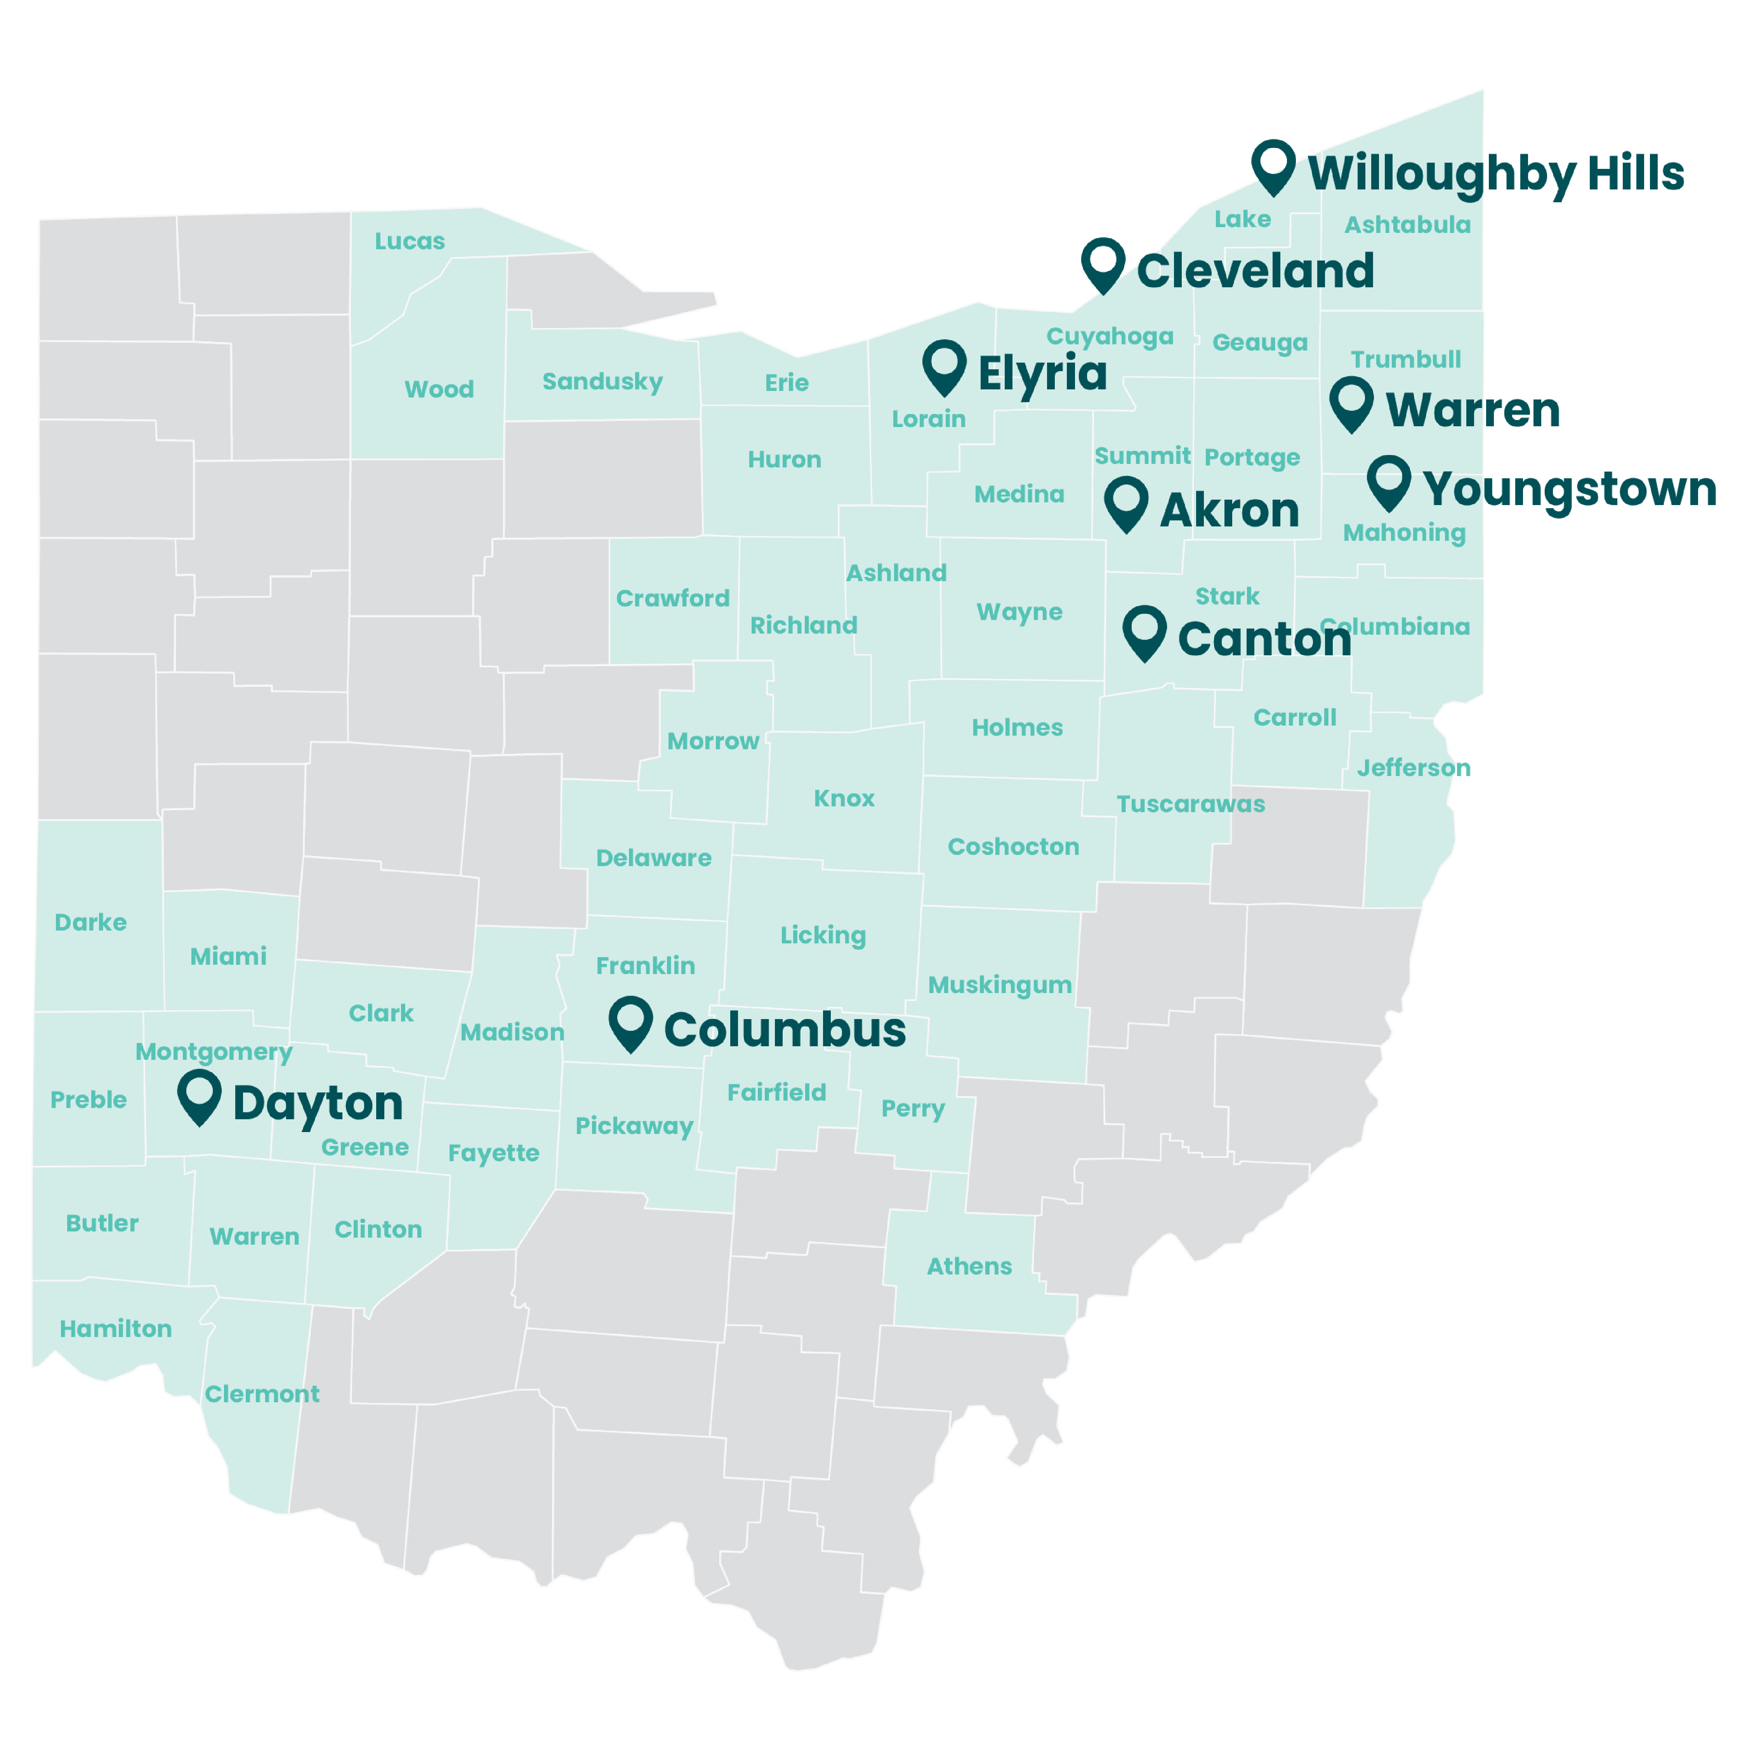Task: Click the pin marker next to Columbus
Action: click(x=630, y=1022)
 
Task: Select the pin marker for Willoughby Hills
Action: click(x=1273, y=165)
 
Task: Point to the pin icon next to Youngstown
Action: click(x=1388, y=481)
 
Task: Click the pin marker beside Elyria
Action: click(x=944, y=366)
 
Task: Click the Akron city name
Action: click(x=1229, y=511)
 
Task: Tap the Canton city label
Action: click(x=1264, y=639)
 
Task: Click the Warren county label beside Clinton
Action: click(x=254, y=1236)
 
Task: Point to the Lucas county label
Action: click(x=410, y=241)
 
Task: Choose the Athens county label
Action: click(x=969, y=1266)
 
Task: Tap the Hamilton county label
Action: click(x=116, y=1328)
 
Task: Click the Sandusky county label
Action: click(x=602, y=382)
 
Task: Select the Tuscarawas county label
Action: click(x=1190, y=804)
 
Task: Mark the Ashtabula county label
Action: click(x=1407, y=224)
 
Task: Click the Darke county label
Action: click(x=90, y=922)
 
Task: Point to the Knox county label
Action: click(x=844, y=799)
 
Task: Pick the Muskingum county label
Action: click(x=999, y=985)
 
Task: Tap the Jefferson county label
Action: click(x=1414, y=768)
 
